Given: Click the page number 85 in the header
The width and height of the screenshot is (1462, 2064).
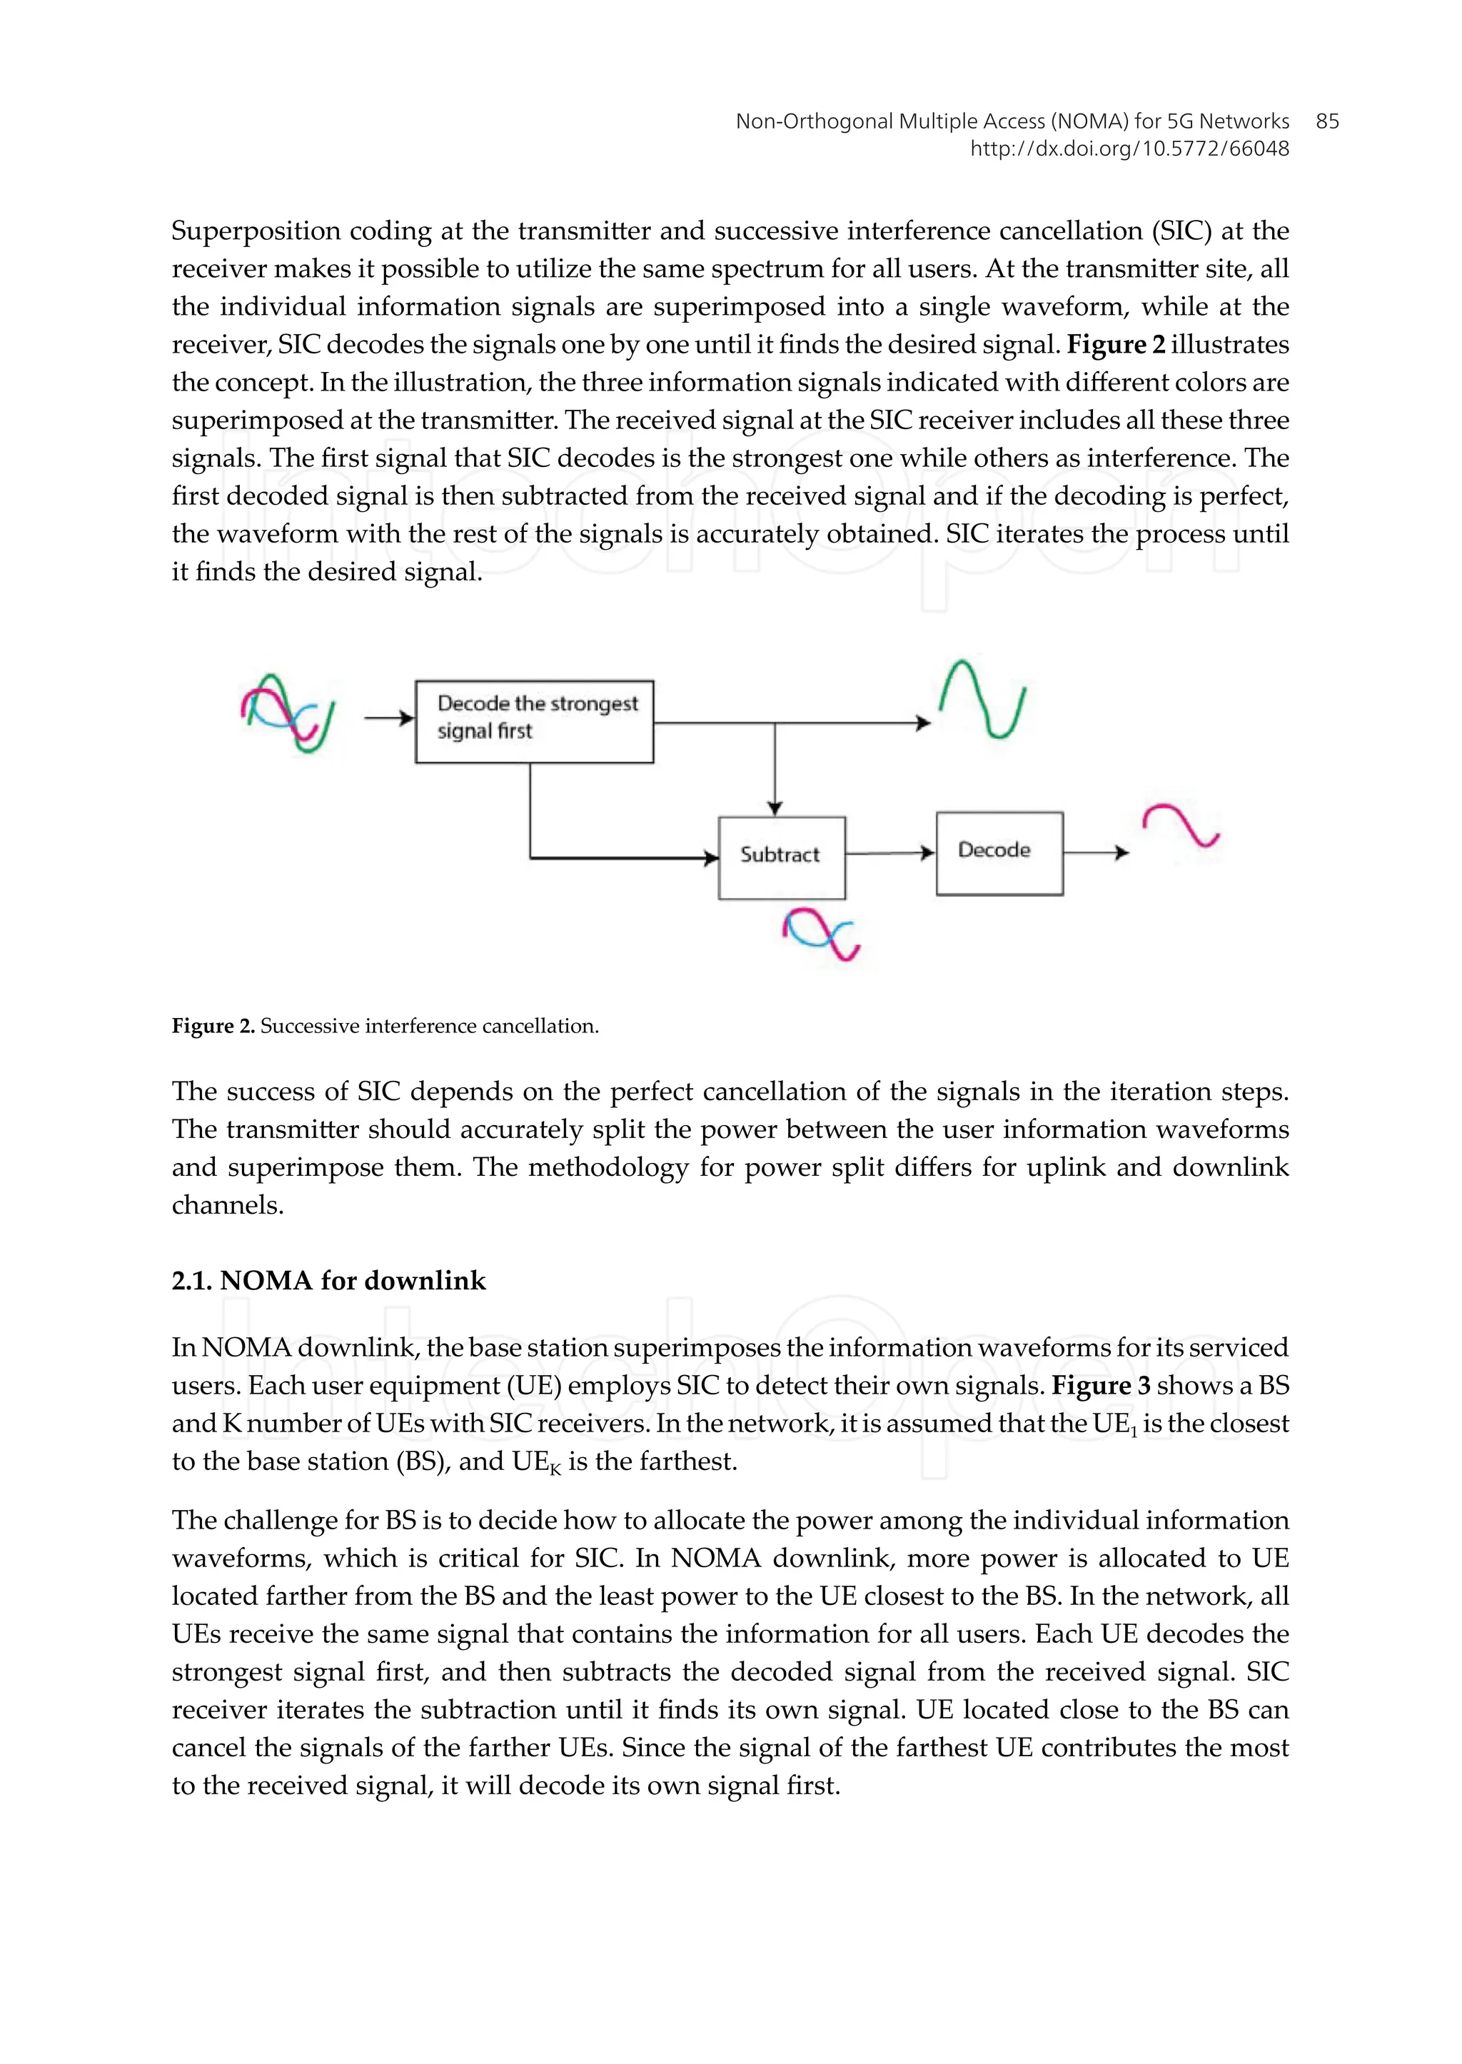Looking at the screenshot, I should (1327, 121).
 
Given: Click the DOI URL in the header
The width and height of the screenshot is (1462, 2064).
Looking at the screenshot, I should (1129, 149).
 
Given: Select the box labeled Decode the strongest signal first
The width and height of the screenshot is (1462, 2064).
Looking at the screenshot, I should (534, 722).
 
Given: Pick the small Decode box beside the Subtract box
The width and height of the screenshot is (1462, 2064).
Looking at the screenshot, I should (999, 853).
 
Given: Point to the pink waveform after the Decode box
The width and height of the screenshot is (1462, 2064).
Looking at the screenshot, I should (1180, 826).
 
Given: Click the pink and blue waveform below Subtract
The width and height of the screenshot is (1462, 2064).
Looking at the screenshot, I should (820, 933).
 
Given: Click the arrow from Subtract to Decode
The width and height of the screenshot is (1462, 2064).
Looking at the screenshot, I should (889, 853).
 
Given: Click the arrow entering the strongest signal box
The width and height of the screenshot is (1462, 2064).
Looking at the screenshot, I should (389, 718).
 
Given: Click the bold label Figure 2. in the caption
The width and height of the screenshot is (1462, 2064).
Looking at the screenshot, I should (213, 1026).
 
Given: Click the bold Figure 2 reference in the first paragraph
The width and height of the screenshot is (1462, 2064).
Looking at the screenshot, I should (1115, 345).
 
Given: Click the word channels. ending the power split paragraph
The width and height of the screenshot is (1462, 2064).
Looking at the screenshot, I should (228, 1205).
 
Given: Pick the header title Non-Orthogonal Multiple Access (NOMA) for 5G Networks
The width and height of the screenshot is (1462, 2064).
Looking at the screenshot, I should (1012, 121).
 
